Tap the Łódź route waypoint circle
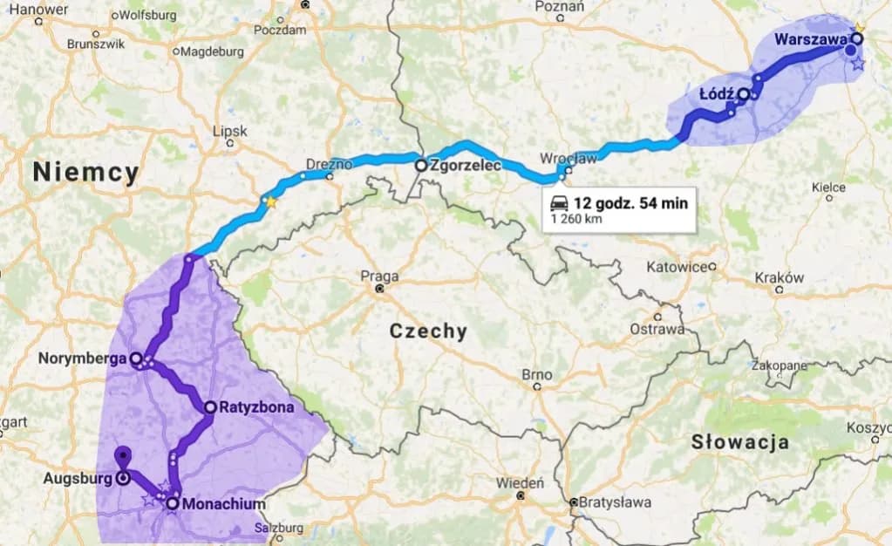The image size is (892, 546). tap(743, 94)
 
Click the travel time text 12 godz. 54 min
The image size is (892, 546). tap(630, 203)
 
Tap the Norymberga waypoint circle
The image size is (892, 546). tap(136, 358)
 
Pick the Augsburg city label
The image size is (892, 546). tap(77, 478)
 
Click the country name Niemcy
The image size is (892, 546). tap(85, 173)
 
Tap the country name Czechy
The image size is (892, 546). tap(428, 331)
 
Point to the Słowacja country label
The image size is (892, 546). tap(740, 441)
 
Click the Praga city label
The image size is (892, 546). tap(379, 276)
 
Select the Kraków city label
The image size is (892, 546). tap(779, 277)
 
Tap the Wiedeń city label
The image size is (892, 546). tap(520, 482)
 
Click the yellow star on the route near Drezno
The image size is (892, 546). tap(270, 202)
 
